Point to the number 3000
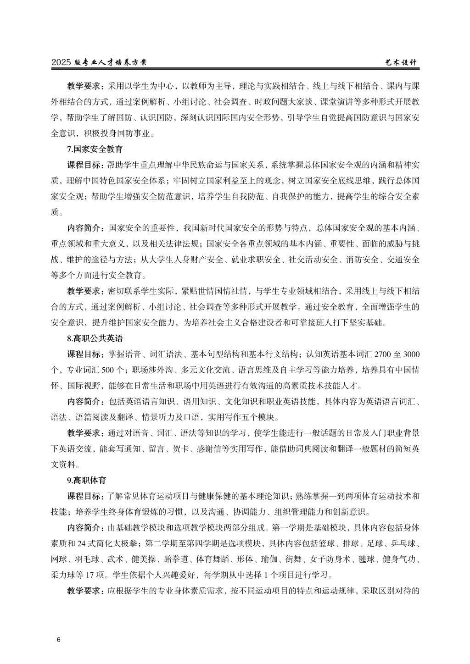tap(410, 354)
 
